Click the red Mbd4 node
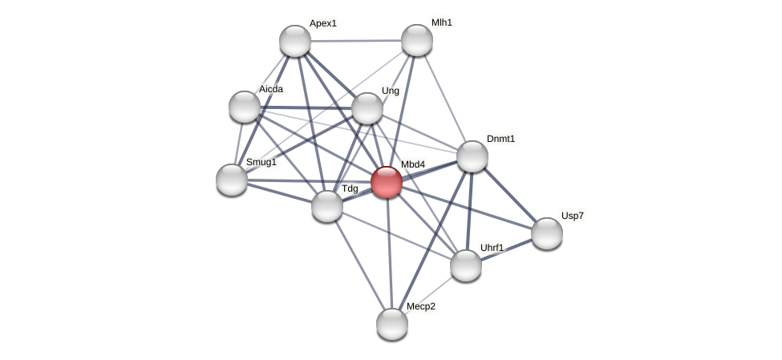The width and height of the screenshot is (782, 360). pos(387,182)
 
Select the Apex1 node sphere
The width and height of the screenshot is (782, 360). pos(295,41)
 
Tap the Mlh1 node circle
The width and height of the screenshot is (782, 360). pos(417,40)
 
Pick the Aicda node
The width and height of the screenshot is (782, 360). pos(245,107)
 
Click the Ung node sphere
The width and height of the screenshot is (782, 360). pos(367,108)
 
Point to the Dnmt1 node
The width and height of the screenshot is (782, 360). pos(472,156)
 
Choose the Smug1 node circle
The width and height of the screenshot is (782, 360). pos(232,180)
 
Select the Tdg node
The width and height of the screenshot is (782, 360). pos(327,206)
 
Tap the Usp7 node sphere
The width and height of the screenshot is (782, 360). pos(547,233)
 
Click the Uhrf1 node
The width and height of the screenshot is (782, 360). pos(466,265)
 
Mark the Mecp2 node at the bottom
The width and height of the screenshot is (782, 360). pos(392,324)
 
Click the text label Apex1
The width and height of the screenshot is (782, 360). pos(323,23)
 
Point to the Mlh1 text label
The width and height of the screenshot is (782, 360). pos(441,22)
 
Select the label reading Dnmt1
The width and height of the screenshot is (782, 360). pos(500,139)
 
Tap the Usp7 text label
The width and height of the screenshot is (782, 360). pos(573,216)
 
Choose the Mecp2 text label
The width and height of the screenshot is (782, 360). pos(420,306)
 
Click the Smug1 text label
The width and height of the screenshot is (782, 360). pos(261,162)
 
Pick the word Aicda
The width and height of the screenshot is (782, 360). pos(270,89)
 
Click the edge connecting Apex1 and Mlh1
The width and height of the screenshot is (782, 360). pos(356,40)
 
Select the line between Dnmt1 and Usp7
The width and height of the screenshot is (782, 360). pos(510,195)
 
